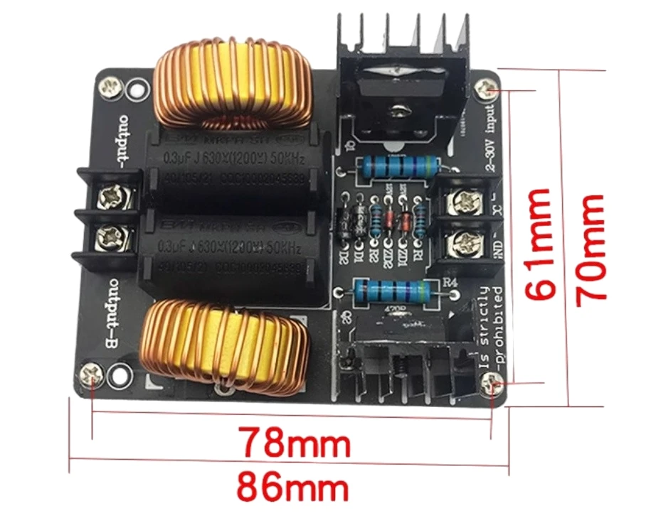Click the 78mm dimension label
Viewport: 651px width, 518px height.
point(294,443)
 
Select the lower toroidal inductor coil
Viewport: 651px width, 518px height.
point(226,345)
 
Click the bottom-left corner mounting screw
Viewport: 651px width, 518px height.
point(92,376)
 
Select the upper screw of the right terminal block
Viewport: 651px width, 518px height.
point(460,204)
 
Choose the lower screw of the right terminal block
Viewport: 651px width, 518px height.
point(460,247)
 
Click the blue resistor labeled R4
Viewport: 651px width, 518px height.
point(388,291)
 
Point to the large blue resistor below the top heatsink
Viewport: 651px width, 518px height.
point(398,167)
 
